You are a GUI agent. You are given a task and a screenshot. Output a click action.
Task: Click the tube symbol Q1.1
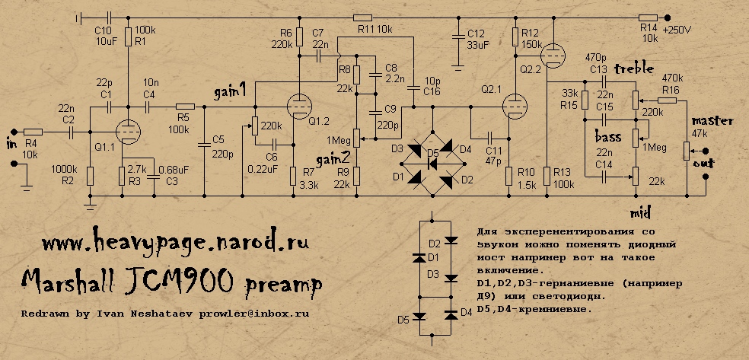click(128, 131)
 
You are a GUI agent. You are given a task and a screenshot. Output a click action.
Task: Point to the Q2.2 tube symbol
click(552, 52)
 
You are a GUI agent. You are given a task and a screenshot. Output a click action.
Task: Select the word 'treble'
click(635, 69)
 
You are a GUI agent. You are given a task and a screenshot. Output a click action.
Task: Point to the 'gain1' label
click(230, 93)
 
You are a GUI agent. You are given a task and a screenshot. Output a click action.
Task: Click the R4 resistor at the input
click(33, 132)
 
